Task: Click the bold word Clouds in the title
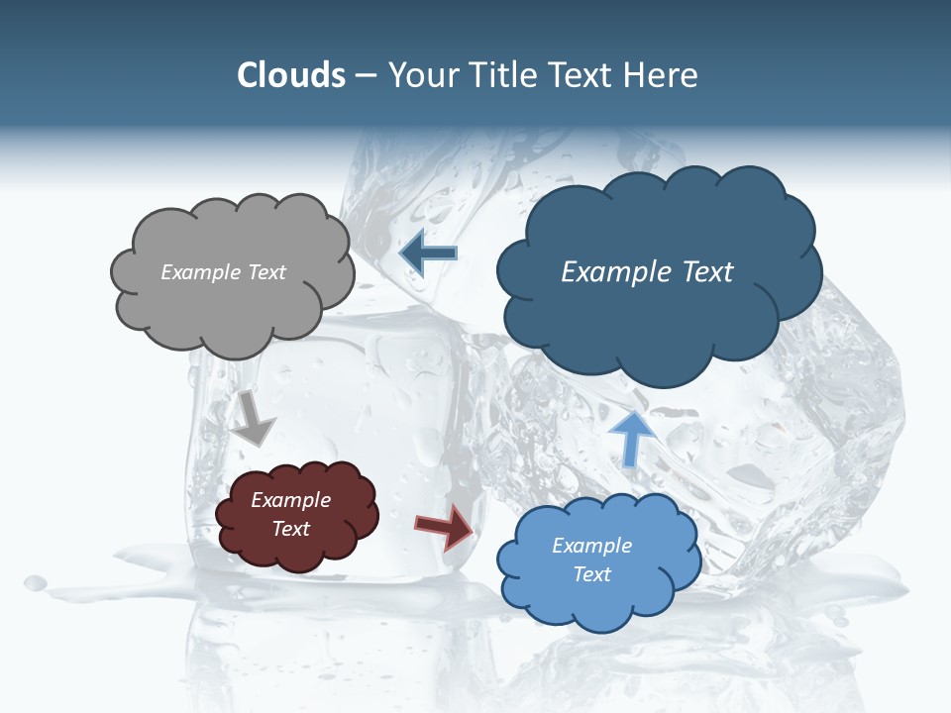[290, 75]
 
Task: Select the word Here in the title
[660, 75]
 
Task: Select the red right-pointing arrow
[444, 527]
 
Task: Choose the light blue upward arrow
[631, 437]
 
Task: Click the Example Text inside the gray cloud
[223, 272]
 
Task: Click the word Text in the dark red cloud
[291, 529]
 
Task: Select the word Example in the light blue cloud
[591, 546]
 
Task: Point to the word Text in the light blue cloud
[591, 574]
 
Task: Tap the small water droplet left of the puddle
[36, 582]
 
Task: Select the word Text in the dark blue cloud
[708, 272]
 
